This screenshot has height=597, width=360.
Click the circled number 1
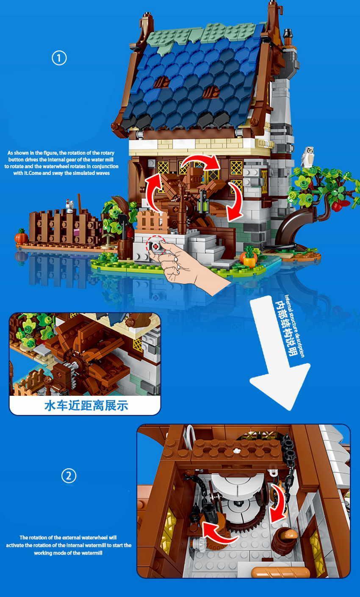point(59,58)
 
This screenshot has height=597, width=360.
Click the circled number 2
point(69,476)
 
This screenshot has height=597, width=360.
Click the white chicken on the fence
point(69,205)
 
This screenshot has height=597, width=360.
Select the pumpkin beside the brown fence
point(21,236)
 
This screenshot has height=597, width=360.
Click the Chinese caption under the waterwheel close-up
point(86,405)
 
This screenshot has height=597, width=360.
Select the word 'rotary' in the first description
point(107,153)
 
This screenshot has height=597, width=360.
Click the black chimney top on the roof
point(288,33)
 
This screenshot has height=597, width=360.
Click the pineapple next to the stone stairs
point(249,258)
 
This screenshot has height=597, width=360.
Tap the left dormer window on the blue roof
point(161,82)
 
